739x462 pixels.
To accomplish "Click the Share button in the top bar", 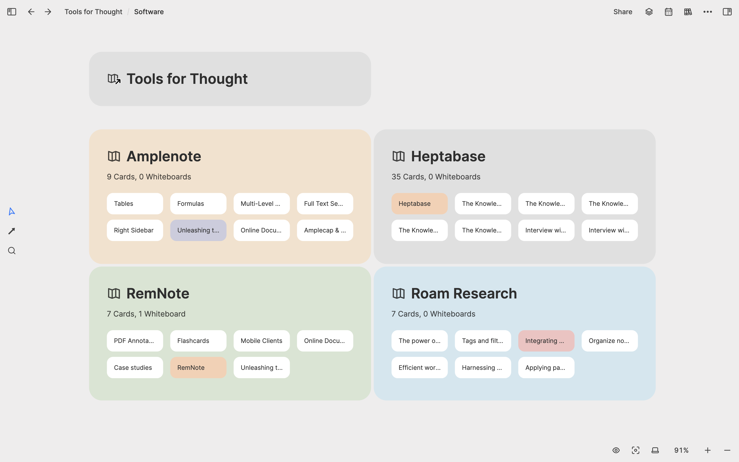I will pos(623,12).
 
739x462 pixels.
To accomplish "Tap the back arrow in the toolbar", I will pos(31,12).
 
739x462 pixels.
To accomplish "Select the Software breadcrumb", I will pos(149,12).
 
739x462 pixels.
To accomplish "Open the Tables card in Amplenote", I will pos(135,203).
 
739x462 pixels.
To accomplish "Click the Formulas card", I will pos(198,203).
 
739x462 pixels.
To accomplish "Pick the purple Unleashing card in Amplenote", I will pos(198,230).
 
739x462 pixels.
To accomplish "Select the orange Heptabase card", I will pos(419,203).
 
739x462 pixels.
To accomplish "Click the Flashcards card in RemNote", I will pos(198,341).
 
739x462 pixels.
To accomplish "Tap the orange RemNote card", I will pos(198,368).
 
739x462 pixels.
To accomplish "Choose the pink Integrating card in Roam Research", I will pos(546,341).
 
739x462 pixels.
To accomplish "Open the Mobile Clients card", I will pos(261,341).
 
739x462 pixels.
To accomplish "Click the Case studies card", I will pos(135,368).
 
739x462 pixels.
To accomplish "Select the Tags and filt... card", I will pos(482,341).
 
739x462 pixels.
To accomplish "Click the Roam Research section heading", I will pos(464,293).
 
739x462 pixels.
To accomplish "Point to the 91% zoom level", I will pos(681,450).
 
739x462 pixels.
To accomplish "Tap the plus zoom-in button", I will pos(707,450).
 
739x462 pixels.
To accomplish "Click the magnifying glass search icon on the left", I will pos(11,251).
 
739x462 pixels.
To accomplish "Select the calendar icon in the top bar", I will pos(668,12).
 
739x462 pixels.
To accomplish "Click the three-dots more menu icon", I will pos(707,12).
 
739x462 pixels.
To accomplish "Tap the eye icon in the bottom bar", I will pos(616,450).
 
